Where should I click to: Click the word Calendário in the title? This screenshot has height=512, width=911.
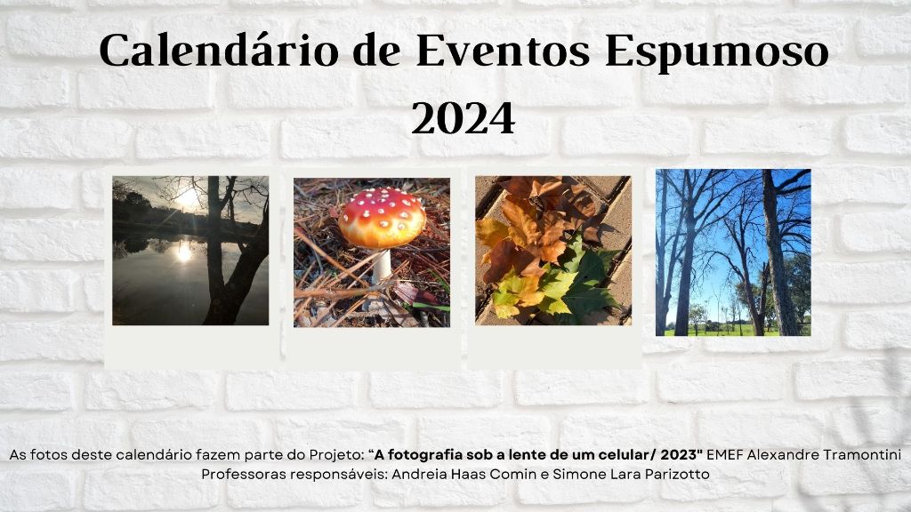pos(219,51)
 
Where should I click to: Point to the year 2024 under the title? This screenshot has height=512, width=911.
pos(463,118)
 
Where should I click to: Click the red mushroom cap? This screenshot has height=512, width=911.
pos(382,218)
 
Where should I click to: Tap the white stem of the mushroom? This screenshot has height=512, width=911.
pos(382,266)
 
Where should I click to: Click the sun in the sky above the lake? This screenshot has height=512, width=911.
pos(187,199)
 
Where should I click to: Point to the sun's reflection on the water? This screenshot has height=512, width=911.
pos(184,252)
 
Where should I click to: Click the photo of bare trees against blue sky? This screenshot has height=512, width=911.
pos(733,252)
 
